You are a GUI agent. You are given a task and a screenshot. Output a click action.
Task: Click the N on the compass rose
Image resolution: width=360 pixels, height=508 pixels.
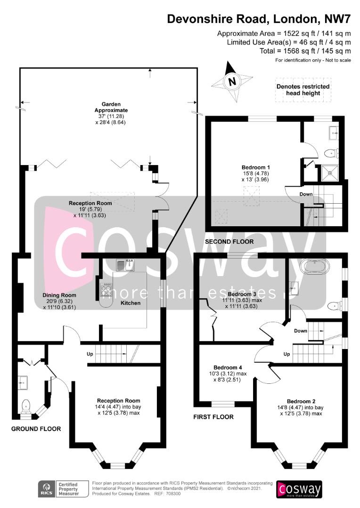232,81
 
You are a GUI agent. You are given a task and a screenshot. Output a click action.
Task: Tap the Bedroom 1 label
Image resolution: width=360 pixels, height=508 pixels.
256,167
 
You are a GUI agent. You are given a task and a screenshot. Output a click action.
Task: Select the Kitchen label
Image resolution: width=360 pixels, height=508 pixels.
131,303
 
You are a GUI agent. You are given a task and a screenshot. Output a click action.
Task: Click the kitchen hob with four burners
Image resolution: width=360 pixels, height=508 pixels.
106,289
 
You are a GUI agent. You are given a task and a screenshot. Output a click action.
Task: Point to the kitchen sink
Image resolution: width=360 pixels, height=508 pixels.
125,264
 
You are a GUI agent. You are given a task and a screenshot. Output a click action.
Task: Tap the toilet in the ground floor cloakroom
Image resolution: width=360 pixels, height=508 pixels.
25,406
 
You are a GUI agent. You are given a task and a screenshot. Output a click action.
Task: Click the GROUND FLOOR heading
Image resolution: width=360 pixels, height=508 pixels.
36,429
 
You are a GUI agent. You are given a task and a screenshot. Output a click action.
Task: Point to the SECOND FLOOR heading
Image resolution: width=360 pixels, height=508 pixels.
229,242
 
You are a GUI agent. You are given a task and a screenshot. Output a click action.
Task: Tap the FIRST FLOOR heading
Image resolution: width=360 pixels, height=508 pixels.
213,417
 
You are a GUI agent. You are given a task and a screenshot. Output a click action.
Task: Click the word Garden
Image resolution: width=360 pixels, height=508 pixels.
111,104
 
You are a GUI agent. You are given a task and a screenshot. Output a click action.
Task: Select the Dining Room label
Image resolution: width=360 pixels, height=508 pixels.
59,295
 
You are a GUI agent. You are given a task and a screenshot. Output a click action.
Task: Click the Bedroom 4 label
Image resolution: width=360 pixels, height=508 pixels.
228,367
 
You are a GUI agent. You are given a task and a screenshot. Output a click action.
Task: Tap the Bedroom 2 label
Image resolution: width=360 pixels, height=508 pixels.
301,401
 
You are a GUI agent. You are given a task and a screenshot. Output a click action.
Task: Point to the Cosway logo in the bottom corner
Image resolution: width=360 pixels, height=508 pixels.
299,489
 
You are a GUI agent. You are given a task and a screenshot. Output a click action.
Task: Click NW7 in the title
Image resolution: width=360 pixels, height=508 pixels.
337,19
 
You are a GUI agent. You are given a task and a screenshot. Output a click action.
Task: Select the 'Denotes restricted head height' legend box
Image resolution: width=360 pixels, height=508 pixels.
303,90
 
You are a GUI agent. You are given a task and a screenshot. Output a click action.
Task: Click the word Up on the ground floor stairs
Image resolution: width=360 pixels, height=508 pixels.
90,354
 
